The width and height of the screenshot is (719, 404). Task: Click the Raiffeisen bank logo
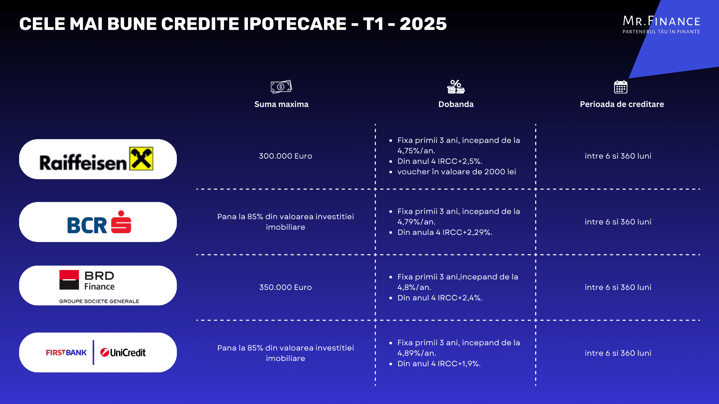click(96, 159)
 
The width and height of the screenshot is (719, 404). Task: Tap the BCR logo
click(99, 222)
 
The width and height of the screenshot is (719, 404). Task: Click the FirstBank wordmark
click(66, 352)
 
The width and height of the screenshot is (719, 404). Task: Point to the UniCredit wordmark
click(123, 352)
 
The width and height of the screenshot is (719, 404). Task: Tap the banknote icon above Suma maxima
click(281, 87)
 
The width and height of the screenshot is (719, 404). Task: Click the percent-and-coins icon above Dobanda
click(456, 86)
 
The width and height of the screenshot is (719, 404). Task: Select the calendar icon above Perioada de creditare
click(621, 87)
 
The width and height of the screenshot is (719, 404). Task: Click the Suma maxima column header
click(281, 104)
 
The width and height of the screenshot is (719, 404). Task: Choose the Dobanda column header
click(456, 104)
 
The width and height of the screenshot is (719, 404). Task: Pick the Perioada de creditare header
click(622, 104)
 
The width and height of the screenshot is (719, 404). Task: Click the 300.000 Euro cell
click(285, 156)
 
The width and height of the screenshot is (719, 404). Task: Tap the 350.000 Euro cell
click(285, 287)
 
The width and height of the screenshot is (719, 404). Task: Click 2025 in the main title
click(423, 24)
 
